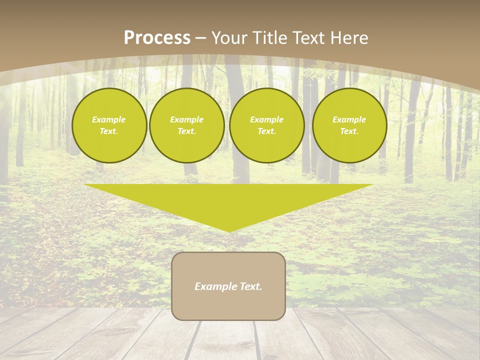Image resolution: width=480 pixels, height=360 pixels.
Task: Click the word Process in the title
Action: [157, 38]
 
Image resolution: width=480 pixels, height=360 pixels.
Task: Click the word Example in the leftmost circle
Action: [109, 119]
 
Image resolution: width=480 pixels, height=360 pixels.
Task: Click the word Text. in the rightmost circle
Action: [349, 131]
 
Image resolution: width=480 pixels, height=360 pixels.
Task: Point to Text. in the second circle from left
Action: [187, 131]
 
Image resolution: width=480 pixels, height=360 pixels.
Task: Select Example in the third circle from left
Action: [266, 119]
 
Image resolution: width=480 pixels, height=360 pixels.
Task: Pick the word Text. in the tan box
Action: [250, 286]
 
